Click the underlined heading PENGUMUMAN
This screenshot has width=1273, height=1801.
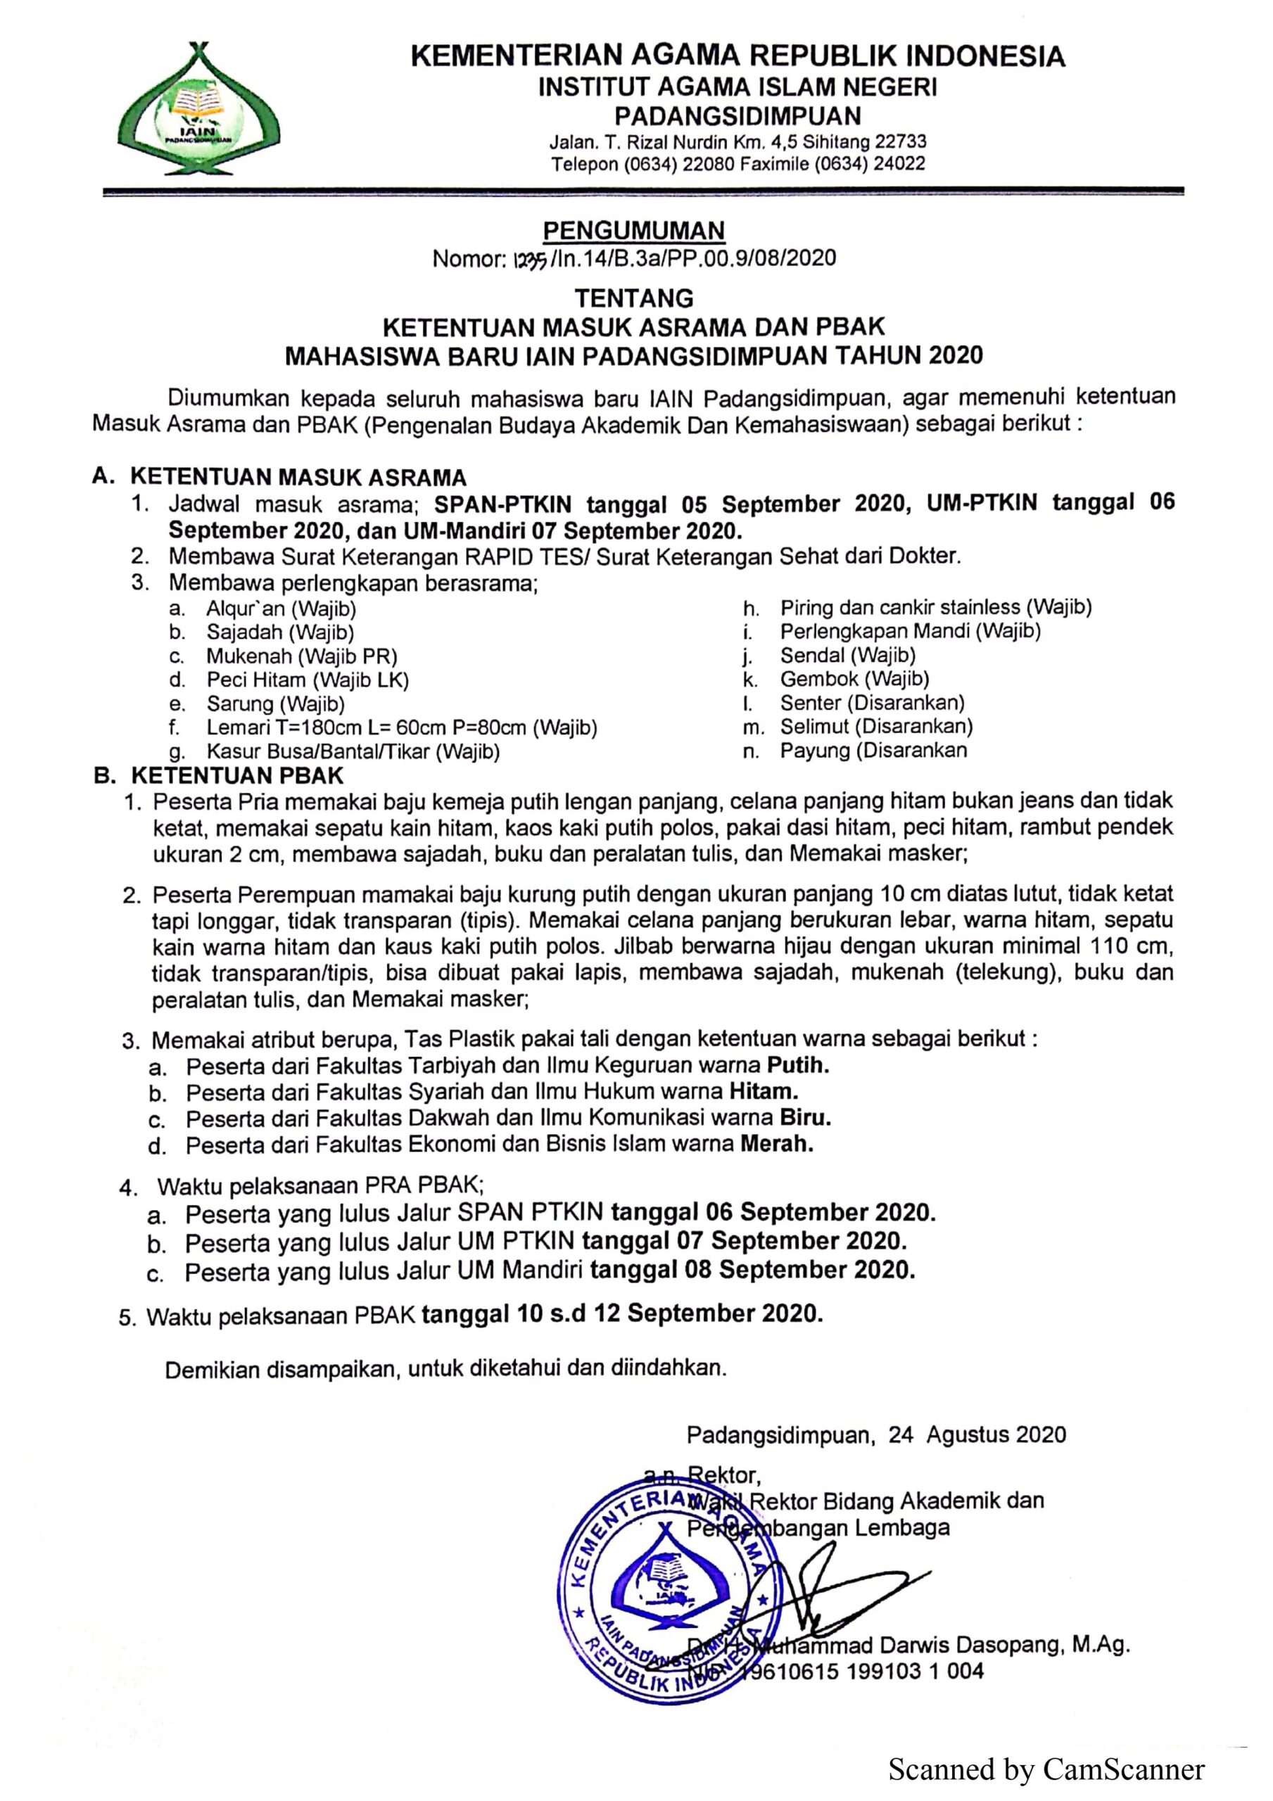pyautogui.click(x=633, y=231)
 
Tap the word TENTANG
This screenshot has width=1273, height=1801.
pyautogui.click(x=634, y=298)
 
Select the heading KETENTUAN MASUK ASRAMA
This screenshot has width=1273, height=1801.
pyautogui.click(x=298, y=477)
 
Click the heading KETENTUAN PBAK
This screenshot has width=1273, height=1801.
pyautogui.click(x=237, y=776)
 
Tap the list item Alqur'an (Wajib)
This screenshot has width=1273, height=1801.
pyautogui.click(x=281, y=608)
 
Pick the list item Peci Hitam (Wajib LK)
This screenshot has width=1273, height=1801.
pyautogui.click(x=308, y=680)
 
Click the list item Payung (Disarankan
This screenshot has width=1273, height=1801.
pyautogui.click(x=873, y=750)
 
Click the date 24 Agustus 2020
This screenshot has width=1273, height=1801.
pyautogui.click(x=977, y=1434)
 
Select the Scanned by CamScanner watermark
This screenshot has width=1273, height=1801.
pyautogui.click(x=1046, y=1769)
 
